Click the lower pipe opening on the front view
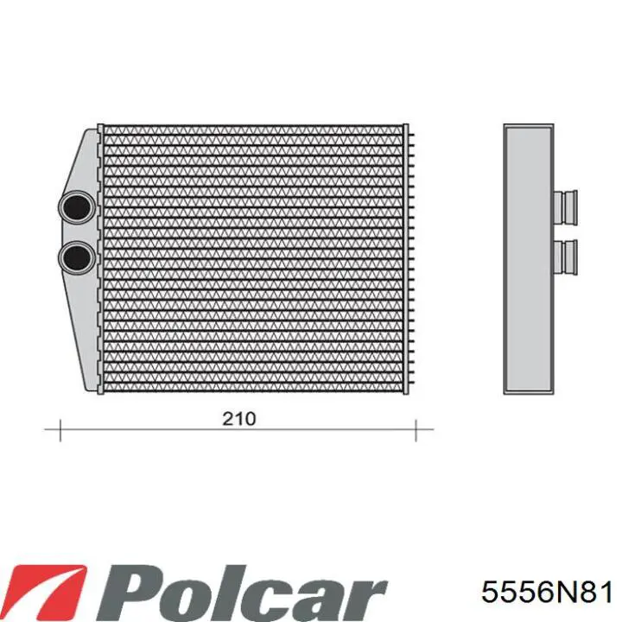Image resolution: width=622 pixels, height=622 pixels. coord(77,256)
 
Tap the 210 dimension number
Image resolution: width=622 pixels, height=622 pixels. coord(239,419)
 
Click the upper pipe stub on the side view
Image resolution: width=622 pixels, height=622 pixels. coord(567,205)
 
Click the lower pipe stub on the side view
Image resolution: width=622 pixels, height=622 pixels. coord(567,255)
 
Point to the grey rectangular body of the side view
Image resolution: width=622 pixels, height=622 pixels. coord(527,259)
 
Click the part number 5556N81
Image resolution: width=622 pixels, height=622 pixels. coord(547,593)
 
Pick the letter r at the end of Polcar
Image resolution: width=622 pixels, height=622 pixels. coord(367,596)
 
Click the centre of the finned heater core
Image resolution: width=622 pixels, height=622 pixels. coord(253,259)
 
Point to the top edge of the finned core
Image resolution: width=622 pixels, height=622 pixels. coord(253,127)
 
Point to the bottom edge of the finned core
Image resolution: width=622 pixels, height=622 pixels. coord(253,390)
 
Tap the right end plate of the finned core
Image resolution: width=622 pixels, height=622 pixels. coord(406,259)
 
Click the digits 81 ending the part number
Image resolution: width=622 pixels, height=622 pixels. coord(600,593)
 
